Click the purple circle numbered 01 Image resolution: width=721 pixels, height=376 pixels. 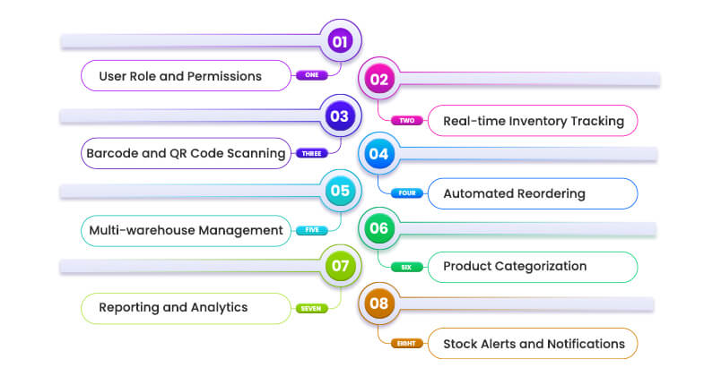pos(339,41)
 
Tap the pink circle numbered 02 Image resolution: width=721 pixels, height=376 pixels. pos(379,80)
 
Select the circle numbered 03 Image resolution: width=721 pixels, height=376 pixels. pos(339,116)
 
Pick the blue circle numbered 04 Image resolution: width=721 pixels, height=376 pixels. pos(379,154)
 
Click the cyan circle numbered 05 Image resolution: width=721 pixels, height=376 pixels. pos(339,191)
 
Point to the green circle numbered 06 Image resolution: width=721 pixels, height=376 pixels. pos(379,228)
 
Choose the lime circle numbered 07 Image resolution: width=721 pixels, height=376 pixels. pos(339,266)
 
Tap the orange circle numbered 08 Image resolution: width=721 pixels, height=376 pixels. pos(379,303)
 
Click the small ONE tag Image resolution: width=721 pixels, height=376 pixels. pos(311,76)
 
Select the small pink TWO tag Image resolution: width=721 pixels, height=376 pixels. pos(406,120)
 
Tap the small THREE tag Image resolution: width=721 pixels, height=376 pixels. pos(311,153)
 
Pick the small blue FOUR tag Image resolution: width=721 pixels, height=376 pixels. pos(406,193)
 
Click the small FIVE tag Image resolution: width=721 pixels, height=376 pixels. pos(311,230)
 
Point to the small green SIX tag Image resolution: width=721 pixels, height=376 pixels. pos(406,267)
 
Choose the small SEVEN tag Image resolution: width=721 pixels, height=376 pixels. pos(311,308)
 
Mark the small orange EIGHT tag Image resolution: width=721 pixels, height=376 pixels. pos(406,343)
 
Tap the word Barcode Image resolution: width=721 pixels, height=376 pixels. pos(112,153)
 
